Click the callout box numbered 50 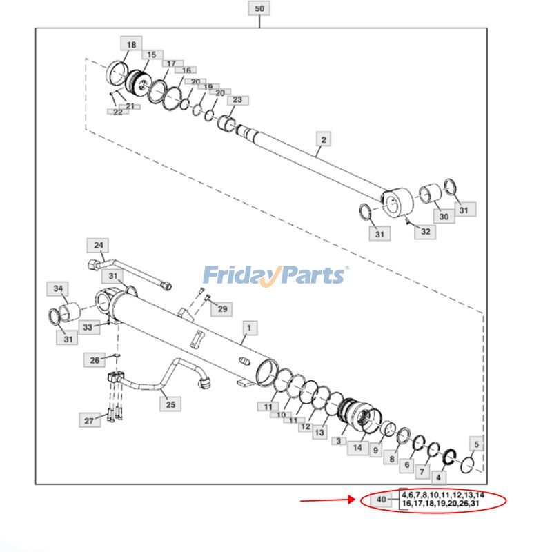pos(259,9)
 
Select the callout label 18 pos(131,44)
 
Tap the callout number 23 pos(237,100)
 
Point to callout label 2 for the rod pos(323,139)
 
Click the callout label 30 pos(444,217)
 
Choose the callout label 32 pos(425,231)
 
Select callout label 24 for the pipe pos(99,245)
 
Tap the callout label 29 pos(222,308)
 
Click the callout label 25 pos(170,404)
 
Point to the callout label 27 pos(88,420)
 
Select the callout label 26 pos(95,359)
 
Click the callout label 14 pos(357,448)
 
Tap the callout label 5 pos(475,444)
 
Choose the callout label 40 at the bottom pos(382,500)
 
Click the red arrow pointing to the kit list pos(327,501)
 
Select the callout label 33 pos(87,327)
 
